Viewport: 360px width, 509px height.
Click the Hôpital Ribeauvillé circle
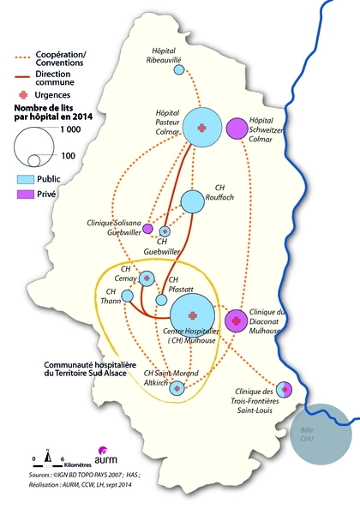point(179,69)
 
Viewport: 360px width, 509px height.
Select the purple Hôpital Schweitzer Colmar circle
point(237,129)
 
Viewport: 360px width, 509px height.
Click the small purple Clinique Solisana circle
point(147,229)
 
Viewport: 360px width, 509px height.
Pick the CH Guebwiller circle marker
point(165,231)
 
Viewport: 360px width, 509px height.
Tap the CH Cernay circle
point(147,278)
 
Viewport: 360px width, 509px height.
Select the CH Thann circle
point(127,296)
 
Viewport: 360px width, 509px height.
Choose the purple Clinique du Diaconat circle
point(236,320)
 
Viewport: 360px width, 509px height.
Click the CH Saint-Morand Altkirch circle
point(177,388)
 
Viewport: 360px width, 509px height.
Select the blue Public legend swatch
point(27,180)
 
